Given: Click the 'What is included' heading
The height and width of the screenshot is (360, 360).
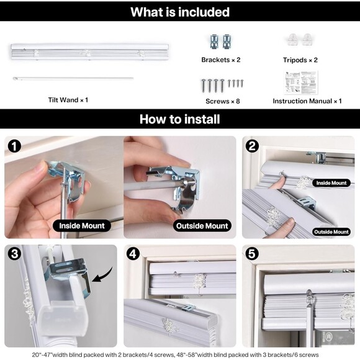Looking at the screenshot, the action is tap(180, 12).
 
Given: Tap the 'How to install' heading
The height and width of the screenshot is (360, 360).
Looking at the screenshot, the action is tap(180, 119).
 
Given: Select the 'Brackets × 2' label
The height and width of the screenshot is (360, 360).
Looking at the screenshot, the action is tap(221, 60).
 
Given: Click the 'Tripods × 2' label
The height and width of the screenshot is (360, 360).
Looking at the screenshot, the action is tap(300, 60).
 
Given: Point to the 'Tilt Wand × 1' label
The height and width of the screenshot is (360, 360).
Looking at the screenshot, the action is tap(68, 100).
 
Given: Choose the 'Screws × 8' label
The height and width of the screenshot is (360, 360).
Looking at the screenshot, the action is tap(223, 101).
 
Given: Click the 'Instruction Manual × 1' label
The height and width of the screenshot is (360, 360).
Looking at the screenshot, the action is tap(307, 101).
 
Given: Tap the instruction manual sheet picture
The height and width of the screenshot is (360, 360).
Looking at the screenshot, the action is tap(301, 83).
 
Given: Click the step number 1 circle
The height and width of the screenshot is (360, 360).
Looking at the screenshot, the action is tap(14, 146).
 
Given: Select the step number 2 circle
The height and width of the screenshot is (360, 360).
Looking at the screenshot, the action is tap(252, 146).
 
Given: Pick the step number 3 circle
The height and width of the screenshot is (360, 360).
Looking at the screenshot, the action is tap(14, 254).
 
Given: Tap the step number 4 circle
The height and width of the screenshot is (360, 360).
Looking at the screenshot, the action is tap(133, 254).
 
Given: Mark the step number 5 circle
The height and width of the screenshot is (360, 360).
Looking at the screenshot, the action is tap(252, 254).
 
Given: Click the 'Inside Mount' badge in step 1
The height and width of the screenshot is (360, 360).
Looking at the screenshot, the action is tap(82, 226).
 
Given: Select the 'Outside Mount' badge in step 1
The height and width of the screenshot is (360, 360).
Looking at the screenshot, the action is tap(202, 226).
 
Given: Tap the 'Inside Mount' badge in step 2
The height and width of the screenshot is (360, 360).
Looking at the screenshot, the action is tap(331, 183).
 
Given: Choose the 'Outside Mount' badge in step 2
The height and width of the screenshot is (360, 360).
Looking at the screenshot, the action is tap(331, 232).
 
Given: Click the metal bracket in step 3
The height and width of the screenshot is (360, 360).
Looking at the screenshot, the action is tap(69, 273).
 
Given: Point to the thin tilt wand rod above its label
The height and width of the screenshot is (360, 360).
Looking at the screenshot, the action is tap(73, 79).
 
